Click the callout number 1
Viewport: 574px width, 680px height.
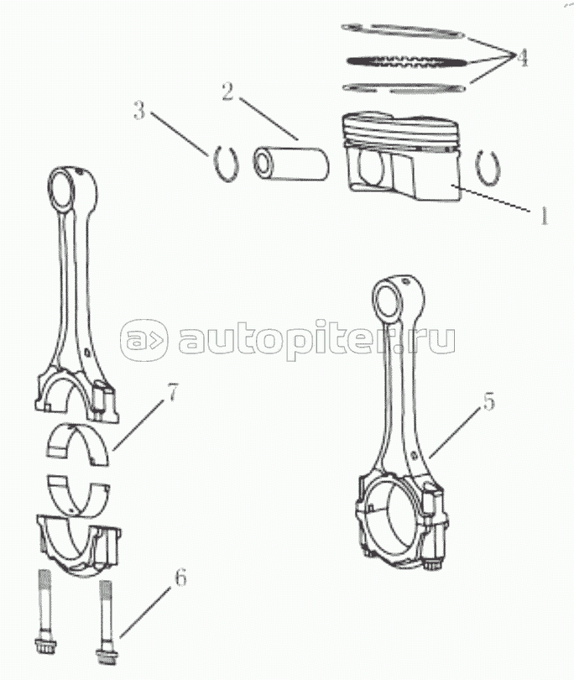(x=544, y=216)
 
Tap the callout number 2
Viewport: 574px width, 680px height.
(x=226, y=92)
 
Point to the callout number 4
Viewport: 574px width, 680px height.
(x=520, y=58)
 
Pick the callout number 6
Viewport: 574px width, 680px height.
(x=179, y=578)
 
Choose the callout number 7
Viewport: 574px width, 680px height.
(x=172, y=393)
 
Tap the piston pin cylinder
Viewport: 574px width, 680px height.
(x=289, y=161)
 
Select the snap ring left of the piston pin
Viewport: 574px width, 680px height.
(x=226, y=161)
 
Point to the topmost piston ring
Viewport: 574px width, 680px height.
(x=403, y=32)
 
